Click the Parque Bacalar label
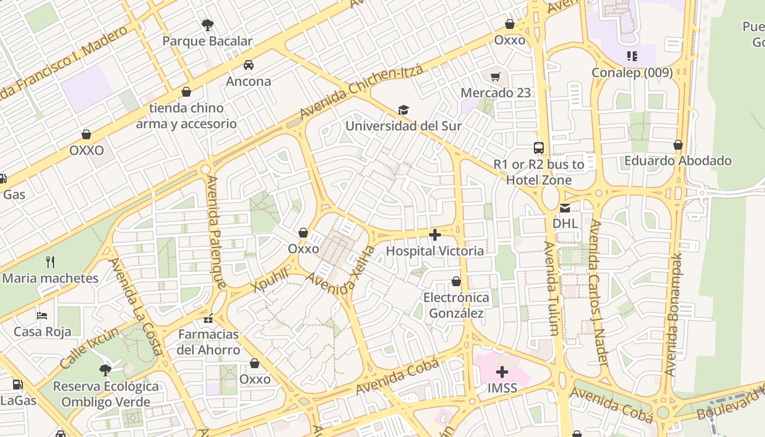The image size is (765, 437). pyautogui.click(x=207, y=41)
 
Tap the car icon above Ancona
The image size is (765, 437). pyautogui.click(x=249, y=65)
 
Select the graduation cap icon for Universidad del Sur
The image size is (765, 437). pyautogui.click(x=403, y=110)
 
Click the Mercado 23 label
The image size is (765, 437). pyautogui.click(x=496, y=93)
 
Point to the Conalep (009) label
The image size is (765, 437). pyautogui.click(x=632, y=73)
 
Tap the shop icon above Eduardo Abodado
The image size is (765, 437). pyautogui.click(x=678, y=145)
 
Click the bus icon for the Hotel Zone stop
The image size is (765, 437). pyautogui.click(x=539, y=147)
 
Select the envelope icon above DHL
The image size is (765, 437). pyautogui.click(x=565, y=208)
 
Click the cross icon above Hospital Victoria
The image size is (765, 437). pyautogui.click(x=435, y=235)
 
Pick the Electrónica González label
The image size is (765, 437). pyautogui.click(x=456, y=305)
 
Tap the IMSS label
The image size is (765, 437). pyautogui.click(x=502, y=388)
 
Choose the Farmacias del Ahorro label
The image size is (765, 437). pyautogui.click(x=208, y=342)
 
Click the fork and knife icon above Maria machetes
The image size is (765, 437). pyautogui.click(x=50, y=262)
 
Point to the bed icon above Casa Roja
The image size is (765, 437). pyautogui.click(x=42, y=316)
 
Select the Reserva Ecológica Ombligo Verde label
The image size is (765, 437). pyautogui.click(x=105, y=394)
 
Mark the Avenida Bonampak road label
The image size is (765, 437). pyautogui.click(x=674, y=314)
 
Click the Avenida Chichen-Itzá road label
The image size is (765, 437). pyautogui.click(x=361, y=92)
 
